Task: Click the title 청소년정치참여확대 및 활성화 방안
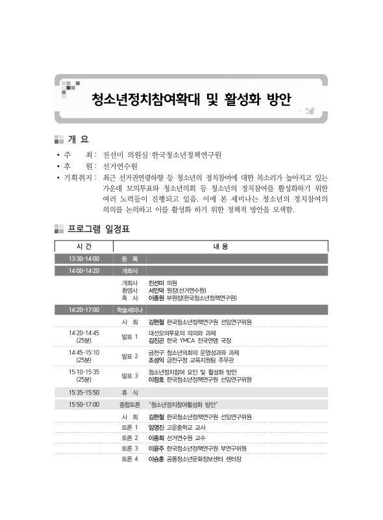191,100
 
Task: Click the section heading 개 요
78,139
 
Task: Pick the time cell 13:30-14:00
84,259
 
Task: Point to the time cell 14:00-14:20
84,270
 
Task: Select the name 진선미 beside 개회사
156,283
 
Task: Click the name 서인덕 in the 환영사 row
156,291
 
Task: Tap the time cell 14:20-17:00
84,310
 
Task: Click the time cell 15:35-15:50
84,393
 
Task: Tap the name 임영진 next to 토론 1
156,427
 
